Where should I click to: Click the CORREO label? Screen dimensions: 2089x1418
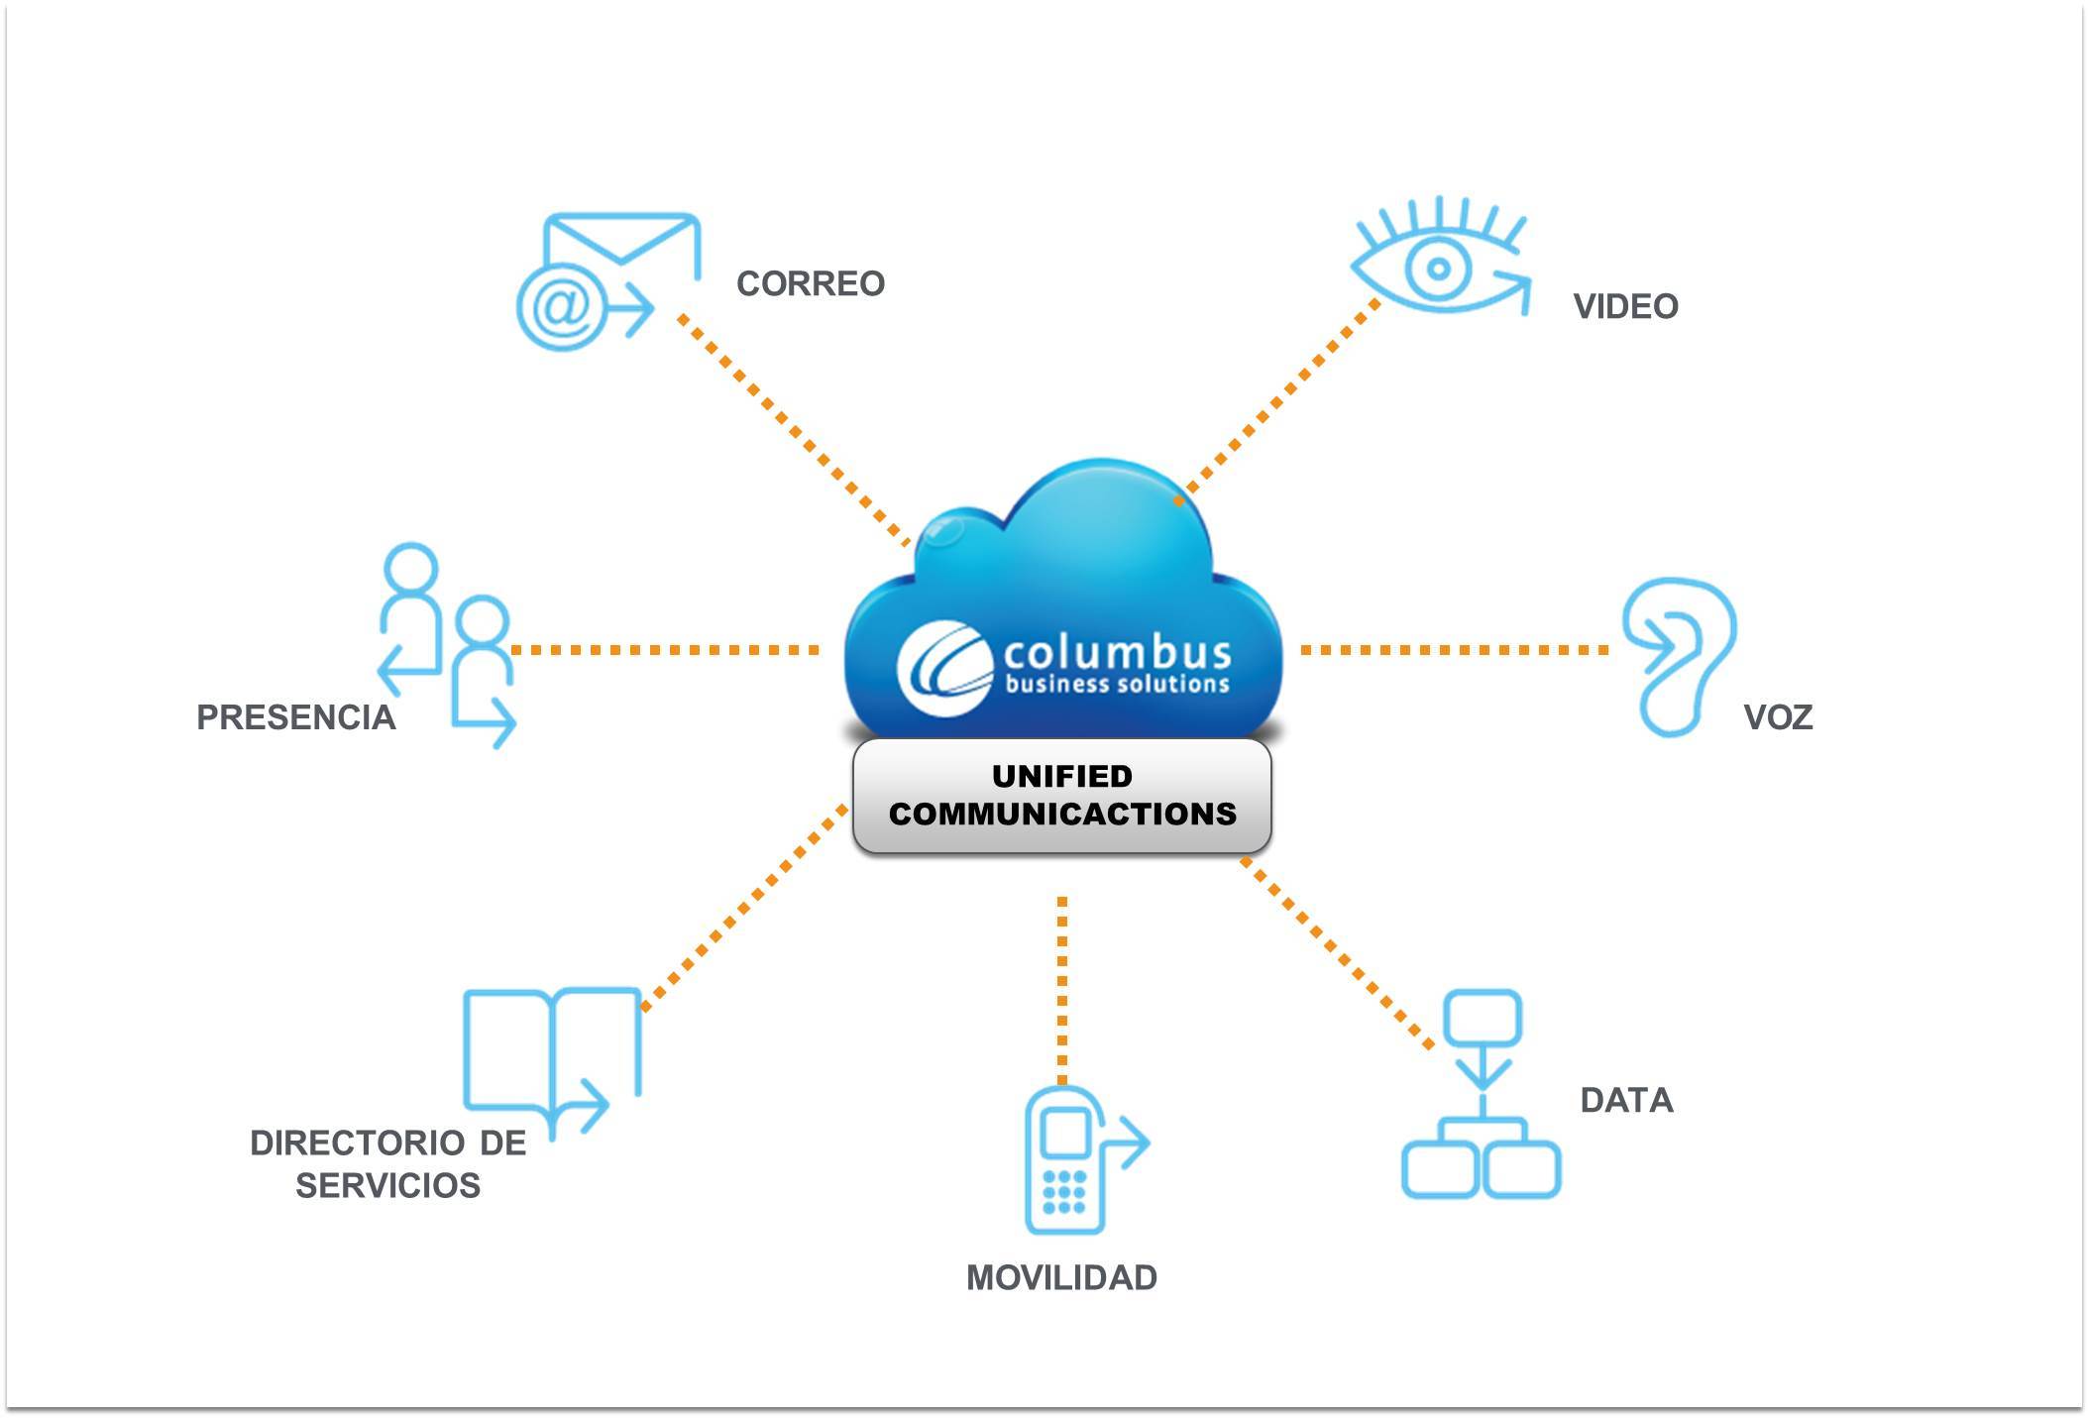pyautogui.click(x=810, y=284)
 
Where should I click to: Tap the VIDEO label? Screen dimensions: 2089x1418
pyautogui.click(x=1625, y=307)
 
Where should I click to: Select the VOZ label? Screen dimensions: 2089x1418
pyautogui.click(x=1778, y=717)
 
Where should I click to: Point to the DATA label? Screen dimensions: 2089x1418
pyautogui.click(x=1626, y=1101)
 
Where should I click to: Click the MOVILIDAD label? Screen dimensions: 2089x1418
pyautogui.click(x=1061, y=1278)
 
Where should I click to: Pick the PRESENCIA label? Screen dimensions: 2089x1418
pyautogui.click(x=296, y=717)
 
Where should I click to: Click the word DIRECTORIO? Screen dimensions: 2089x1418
pyautogui.click(x=358, y=1144)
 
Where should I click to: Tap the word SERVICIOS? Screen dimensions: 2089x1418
pyautogui.click(x=388, y=1186)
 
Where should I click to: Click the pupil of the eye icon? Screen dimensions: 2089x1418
pyautogui.click(x=1438, y=268)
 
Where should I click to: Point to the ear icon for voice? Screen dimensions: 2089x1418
pyautogui.click(x=1680, y=657)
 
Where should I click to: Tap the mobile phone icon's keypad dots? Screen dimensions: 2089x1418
pyautogui.click(x=1064, y=1191)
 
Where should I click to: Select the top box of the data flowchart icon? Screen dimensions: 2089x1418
pyautogui.click(x=1483, y=1018)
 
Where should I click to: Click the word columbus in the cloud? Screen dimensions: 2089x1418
pyautogui.click(x=1117, y=653)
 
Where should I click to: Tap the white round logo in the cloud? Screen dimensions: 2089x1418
pyautogui.click(x=944, y=667)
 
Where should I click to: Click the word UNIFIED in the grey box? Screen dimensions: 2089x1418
pyautogui.click(x=1061, y=777)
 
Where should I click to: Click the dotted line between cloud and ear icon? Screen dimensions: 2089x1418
pyautogui.click(x=1455, y=650)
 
